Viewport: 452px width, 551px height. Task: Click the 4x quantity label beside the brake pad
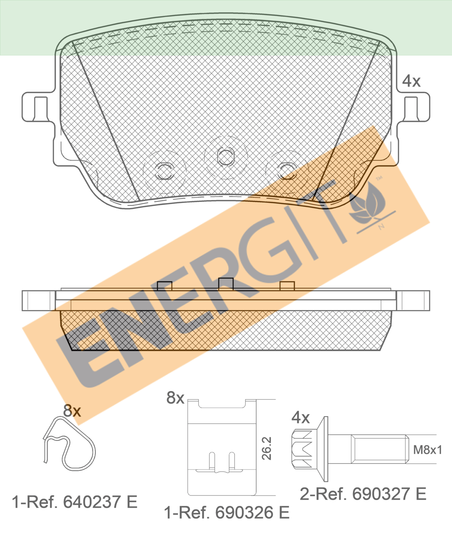click(411, 81)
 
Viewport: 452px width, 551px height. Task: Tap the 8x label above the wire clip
click(72, 410)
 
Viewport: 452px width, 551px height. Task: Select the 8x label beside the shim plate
click(175, 398)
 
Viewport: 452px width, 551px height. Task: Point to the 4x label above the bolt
click(300, 417)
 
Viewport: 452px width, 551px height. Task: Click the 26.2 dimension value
click(267, 448)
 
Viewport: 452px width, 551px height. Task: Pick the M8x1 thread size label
click(428, 450)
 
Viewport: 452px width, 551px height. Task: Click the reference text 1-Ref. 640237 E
click(75, 502)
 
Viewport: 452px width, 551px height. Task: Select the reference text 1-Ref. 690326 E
click(227, 513)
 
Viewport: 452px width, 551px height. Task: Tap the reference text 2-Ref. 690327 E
click(363, 494)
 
